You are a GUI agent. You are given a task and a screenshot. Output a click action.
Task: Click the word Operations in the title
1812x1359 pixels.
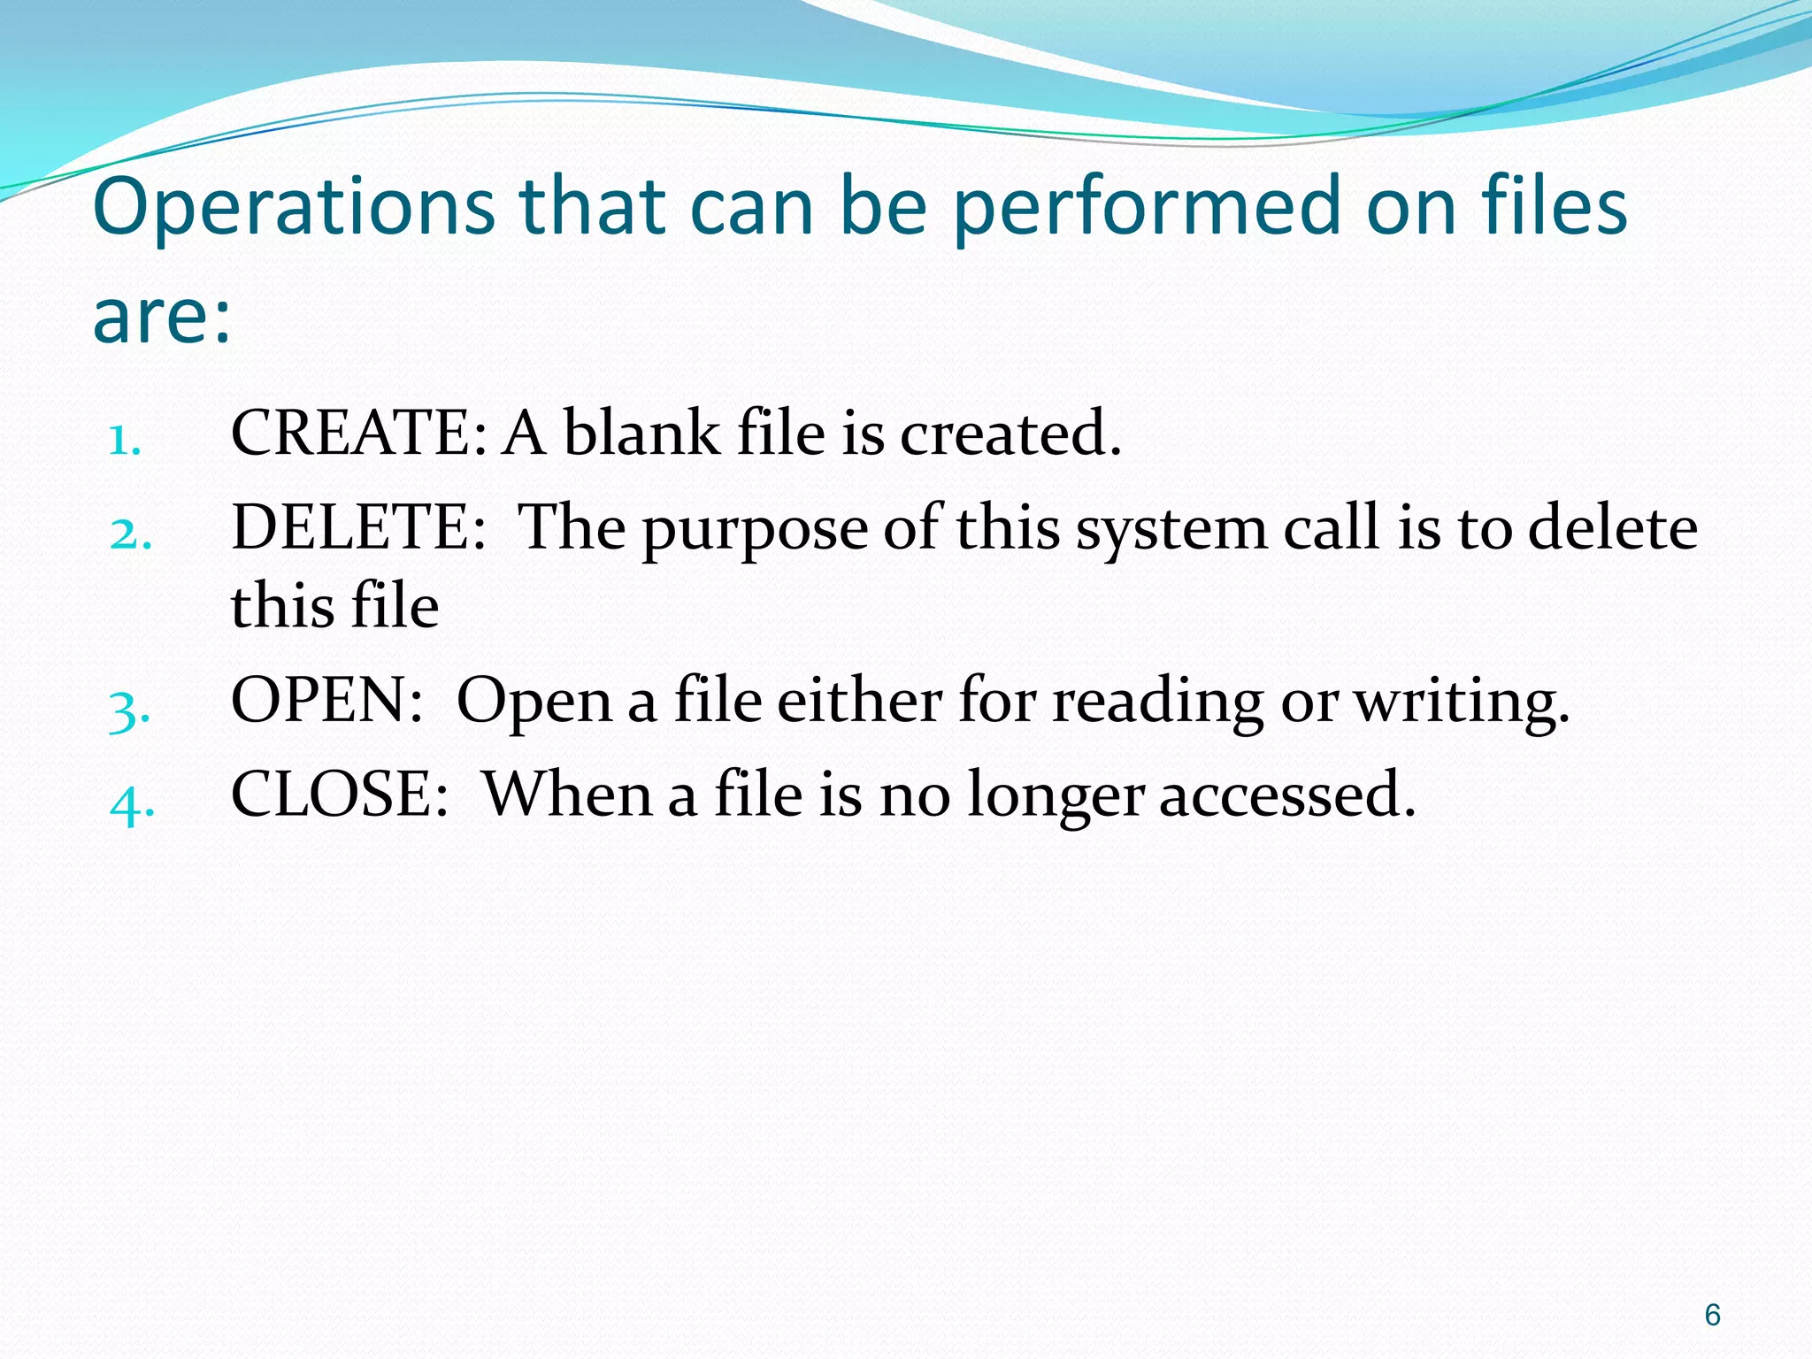[293, 208]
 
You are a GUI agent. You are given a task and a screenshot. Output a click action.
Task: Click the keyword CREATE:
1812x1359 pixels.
[358, 434]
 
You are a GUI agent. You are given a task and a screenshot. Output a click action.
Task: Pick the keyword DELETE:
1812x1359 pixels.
[358, 527]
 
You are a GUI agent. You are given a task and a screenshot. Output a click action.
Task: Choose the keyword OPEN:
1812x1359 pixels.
[326, 701]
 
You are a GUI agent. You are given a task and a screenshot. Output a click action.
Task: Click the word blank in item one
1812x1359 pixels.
[641, 434]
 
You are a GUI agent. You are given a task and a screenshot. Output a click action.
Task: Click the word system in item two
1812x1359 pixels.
[1171, 531]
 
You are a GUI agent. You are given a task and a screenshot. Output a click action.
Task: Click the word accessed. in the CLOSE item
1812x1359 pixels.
[1287, 795]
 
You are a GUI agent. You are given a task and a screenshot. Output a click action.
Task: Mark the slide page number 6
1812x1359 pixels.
[1713, 1316]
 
